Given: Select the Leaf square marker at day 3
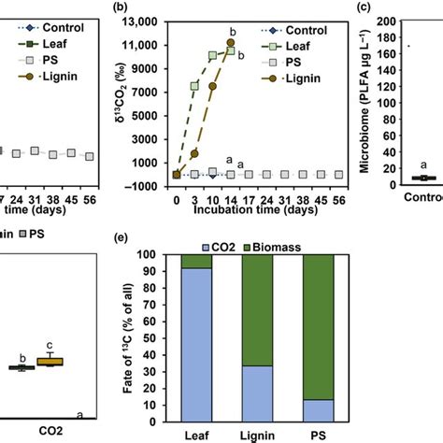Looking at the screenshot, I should [194, 86].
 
